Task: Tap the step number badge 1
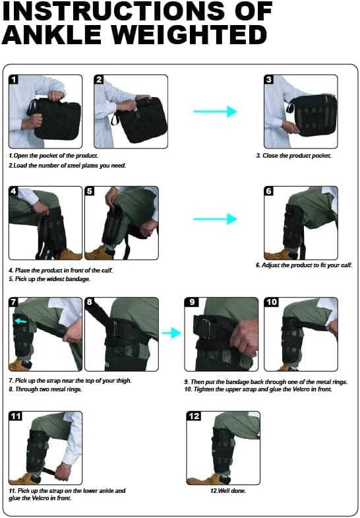(x=15, y=81)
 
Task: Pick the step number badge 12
(x=195, y=416)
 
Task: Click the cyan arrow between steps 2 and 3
(x=215, y=112)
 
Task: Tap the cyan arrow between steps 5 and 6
(x=215, y=219)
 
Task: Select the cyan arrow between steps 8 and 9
(x=171, y=333)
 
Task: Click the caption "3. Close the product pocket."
(x=293, y=156)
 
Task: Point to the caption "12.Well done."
(x=224, y=491)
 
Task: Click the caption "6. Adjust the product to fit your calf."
(x=304, y=265)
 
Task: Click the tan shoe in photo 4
(x=69, y=253)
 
